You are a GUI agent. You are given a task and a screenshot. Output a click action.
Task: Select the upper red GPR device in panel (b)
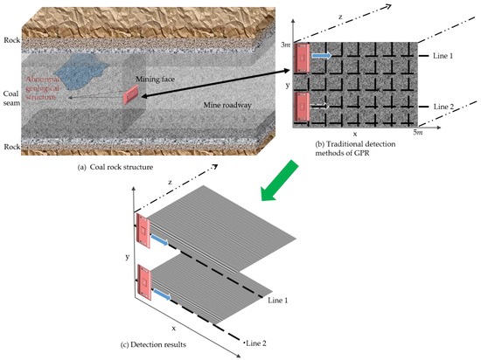click(x=303, y=56)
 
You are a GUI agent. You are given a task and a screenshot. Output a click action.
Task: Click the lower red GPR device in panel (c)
click(x=144, y=284)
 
